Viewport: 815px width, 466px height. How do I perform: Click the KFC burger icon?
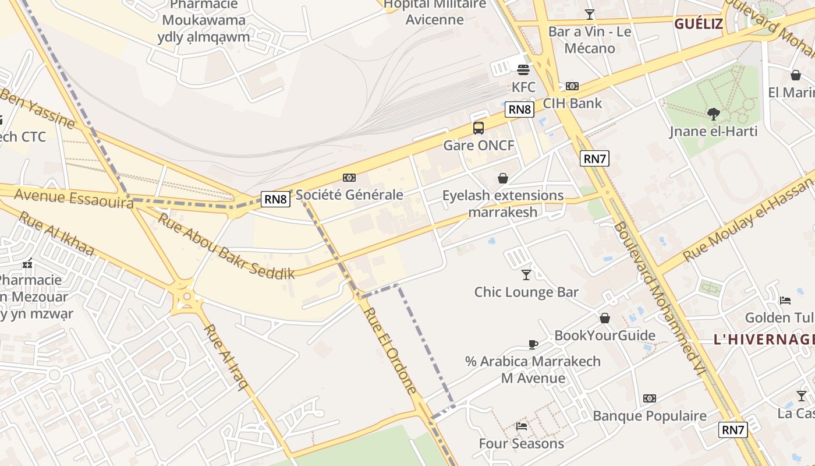523,70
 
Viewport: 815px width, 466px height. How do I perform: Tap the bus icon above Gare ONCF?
479,128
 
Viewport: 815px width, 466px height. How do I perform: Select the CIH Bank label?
572,103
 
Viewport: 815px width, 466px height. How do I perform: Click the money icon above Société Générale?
349,178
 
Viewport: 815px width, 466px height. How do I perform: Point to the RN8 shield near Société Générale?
275,199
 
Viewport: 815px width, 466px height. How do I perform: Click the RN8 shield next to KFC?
519,110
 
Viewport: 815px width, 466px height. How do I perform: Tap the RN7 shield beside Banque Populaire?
732,430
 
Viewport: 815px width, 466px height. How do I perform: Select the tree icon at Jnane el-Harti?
713,114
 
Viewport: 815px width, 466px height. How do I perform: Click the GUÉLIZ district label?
698,24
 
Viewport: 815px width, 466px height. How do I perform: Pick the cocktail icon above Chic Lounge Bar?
526,274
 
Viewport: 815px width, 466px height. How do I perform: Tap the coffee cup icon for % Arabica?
533,344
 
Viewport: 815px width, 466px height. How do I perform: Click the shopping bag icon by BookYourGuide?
605,318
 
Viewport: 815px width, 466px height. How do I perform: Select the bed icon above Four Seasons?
522,426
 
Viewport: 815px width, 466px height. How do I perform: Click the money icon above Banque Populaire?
650,398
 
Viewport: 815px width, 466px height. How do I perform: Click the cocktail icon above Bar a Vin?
590,14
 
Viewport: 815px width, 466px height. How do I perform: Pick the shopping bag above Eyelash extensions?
503,178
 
